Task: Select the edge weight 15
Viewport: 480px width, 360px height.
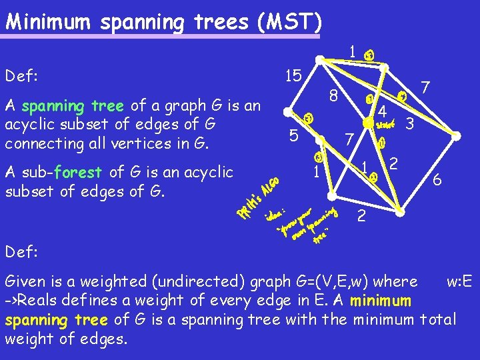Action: [x=291, y=75]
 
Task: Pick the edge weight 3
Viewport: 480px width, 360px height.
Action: [x=411, y=123]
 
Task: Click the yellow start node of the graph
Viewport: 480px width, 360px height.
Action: [x=367, y=123]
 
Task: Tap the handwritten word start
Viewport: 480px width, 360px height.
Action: [x=386, y=124]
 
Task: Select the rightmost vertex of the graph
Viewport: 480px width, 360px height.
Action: [x=457, y=135]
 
